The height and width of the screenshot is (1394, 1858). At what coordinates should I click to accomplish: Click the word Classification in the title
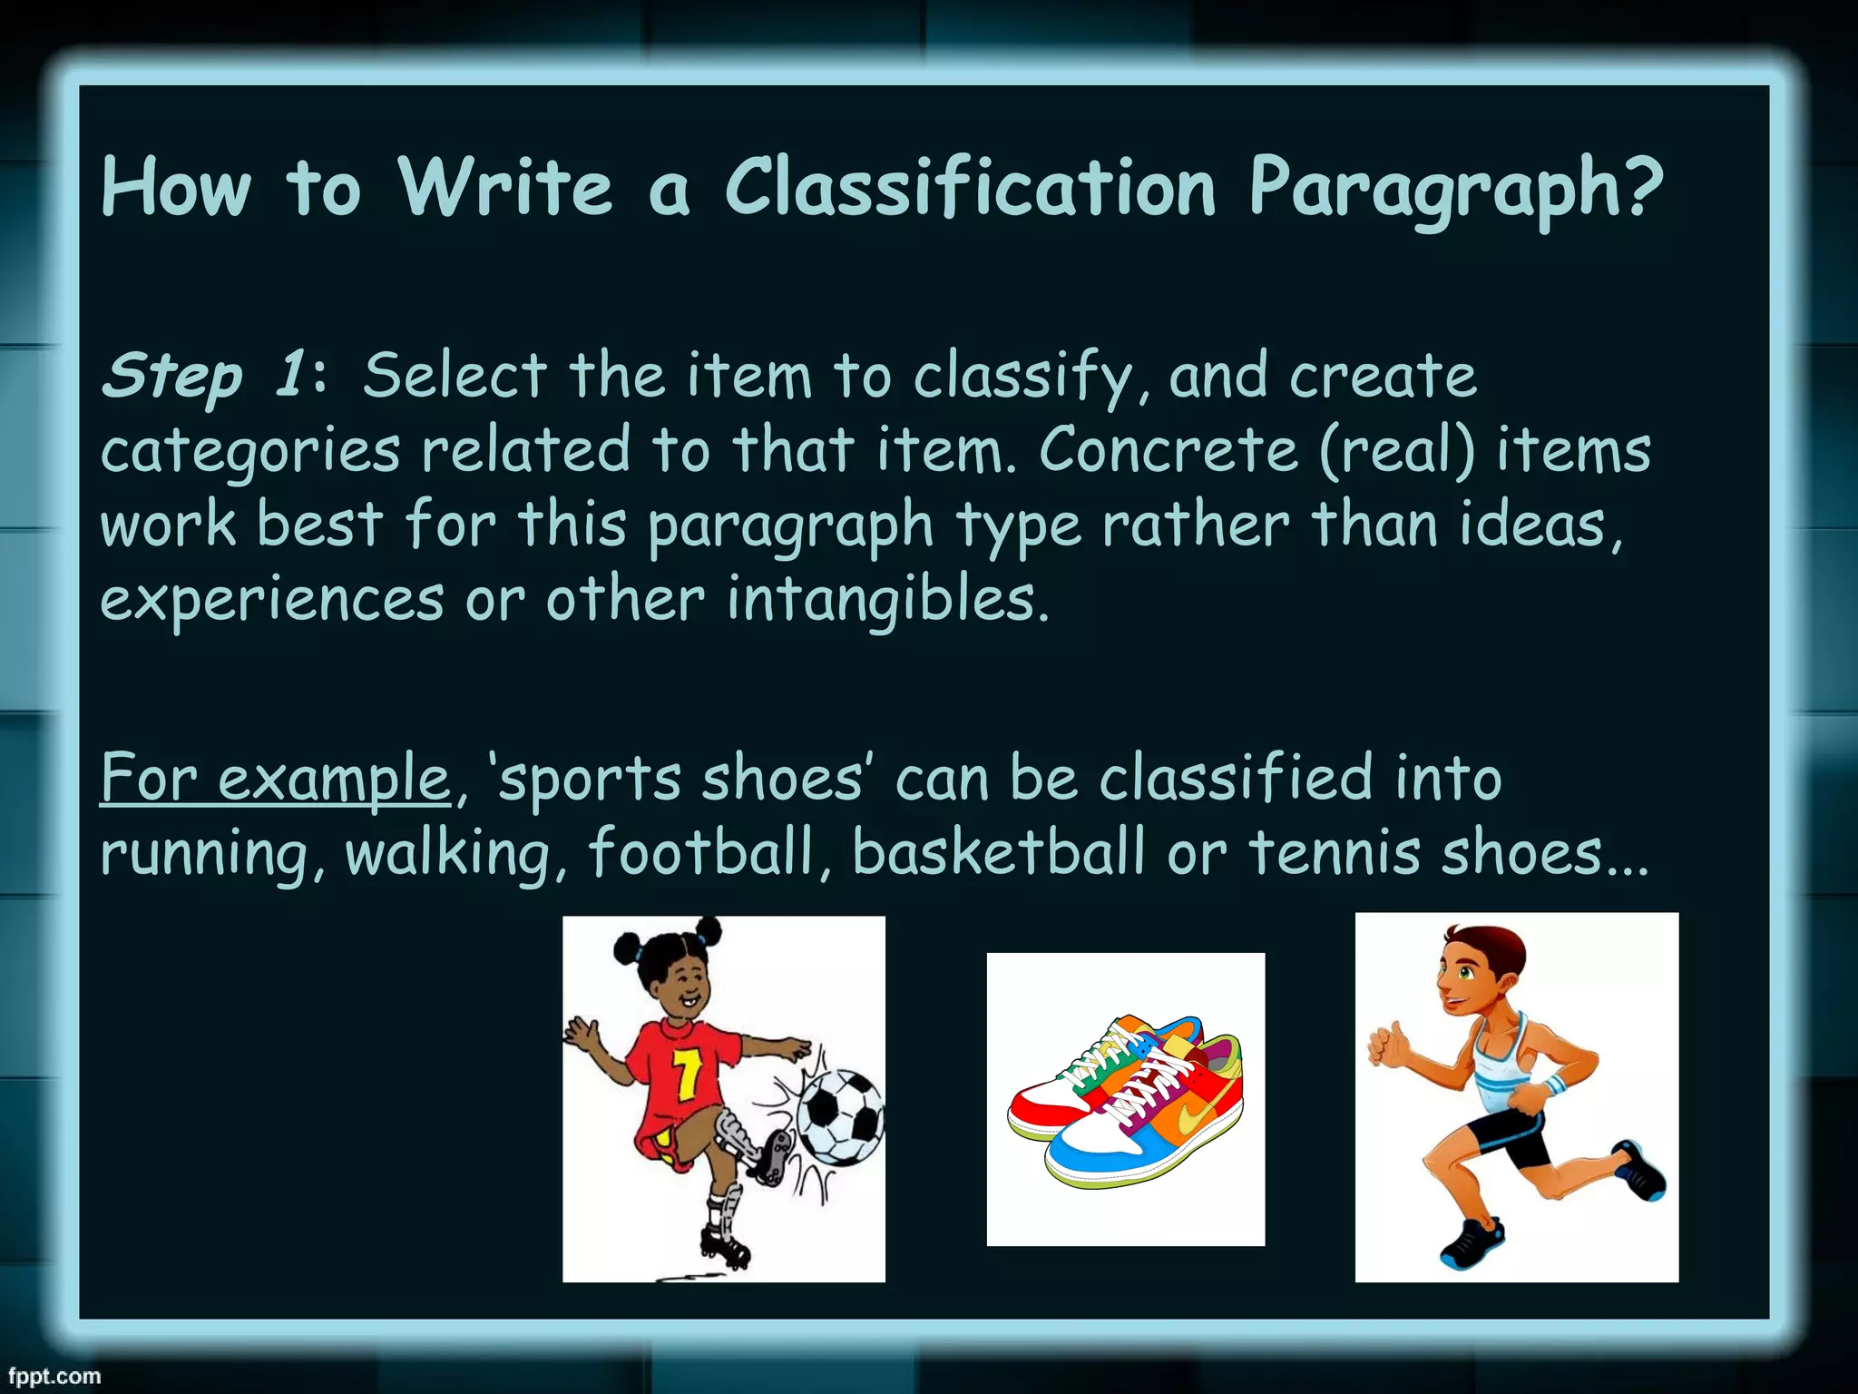point(969,188)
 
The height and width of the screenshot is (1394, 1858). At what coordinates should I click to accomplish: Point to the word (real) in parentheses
point(1397,451)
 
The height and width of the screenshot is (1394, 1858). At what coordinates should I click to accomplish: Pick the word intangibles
point(887,600)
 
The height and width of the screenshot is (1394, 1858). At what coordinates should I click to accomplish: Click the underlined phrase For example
point(275,778)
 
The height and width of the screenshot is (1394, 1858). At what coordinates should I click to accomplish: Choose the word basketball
point(999,852)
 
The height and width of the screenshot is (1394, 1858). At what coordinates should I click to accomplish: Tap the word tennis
point(1334,852)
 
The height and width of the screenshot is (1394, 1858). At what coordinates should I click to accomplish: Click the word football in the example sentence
point(701,852)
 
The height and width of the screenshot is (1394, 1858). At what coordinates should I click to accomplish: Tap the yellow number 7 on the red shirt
point(687,1073)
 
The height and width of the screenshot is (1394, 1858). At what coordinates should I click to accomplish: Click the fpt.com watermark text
point(54,1376)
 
